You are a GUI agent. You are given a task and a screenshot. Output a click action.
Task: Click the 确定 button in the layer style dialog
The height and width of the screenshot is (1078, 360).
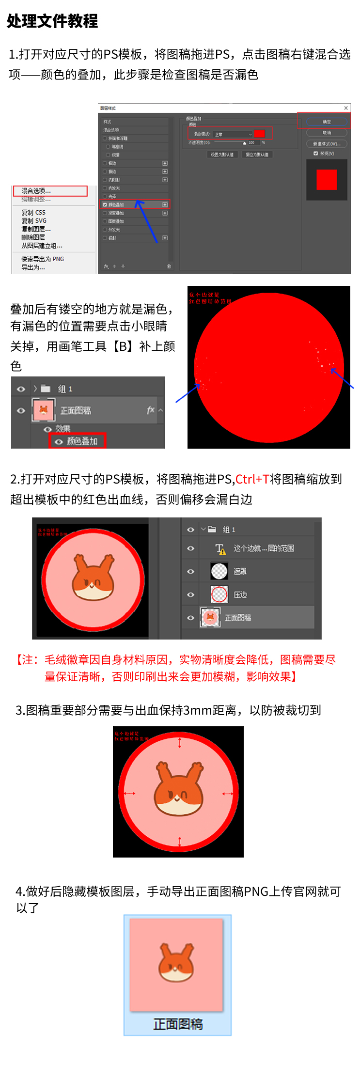pos(327,122)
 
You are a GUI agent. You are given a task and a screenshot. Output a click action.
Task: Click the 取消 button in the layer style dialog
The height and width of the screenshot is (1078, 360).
pos(327,133)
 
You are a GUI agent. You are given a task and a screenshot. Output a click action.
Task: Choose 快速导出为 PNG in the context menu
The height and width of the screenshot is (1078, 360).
pos(43,259)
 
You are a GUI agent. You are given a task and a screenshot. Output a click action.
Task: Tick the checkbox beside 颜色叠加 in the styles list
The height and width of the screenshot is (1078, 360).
pos(105,205)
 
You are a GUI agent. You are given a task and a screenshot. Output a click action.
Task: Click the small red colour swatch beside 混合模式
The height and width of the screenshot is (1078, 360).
pos(259,134)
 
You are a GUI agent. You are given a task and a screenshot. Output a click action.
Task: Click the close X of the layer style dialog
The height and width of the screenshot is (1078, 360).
pos(346,108)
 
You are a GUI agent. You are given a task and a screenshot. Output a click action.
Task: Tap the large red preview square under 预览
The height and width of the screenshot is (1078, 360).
pos(327,180)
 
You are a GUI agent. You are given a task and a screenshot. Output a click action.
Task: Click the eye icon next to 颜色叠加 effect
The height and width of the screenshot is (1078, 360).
pos(59,441)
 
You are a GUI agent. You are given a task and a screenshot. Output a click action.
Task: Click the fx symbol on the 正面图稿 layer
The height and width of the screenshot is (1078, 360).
pos(151,410)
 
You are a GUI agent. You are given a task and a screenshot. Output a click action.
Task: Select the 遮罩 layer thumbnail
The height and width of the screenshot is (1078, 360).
pos(219,571)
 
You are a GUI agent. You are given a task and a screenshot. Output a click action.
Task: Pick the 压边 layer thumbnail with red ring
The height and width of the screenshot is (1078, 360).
pos(219,594)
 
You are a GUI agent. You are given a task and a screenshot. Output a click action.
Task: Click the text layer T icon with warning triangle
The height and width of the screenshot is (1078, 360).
pos(220,548)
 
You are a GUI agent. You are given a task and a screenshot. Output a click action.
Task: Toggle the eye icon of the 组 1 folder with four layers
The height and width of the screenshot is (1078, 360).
pos(190,530)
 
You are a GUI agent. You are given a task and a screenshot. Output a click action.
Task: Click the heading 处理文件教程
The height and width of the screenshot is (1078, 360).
pos(52,21)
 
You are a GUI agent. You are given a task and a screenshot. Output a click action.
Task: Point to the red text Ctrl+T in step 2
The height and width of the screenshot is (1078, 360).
pos(252,479)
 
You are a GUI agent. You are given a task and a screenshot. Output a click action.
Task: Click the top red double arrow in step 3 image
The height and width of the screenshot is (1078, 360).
pos(180,743)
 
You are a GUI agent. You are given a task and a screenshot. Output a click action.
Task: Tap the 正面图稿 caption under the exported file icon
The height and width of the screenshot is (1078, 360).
pos(178,1024)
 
